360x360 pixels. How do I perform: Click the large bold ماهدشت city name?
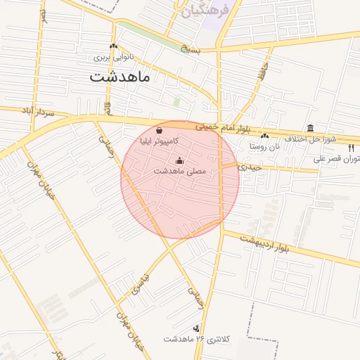click(x=120, y=77)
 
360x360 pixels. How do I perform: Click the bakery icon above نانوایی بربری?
click(x=112, y=46)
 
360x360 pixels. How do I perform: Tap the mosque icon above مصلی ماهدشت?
click(x=179, y=160)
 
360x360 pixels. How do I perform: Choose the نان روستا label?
click(x=264, y=147)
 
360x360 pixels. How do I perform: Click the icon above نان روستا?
click(x=264, y=136)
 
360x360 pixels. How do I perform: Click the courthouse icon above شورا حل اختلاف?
click(x=310, y=128)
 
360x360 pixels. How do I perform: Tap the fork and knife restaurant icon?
click(x=351, y=148)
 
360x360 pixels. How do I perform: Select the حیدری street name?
click(x=250, y=167)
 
